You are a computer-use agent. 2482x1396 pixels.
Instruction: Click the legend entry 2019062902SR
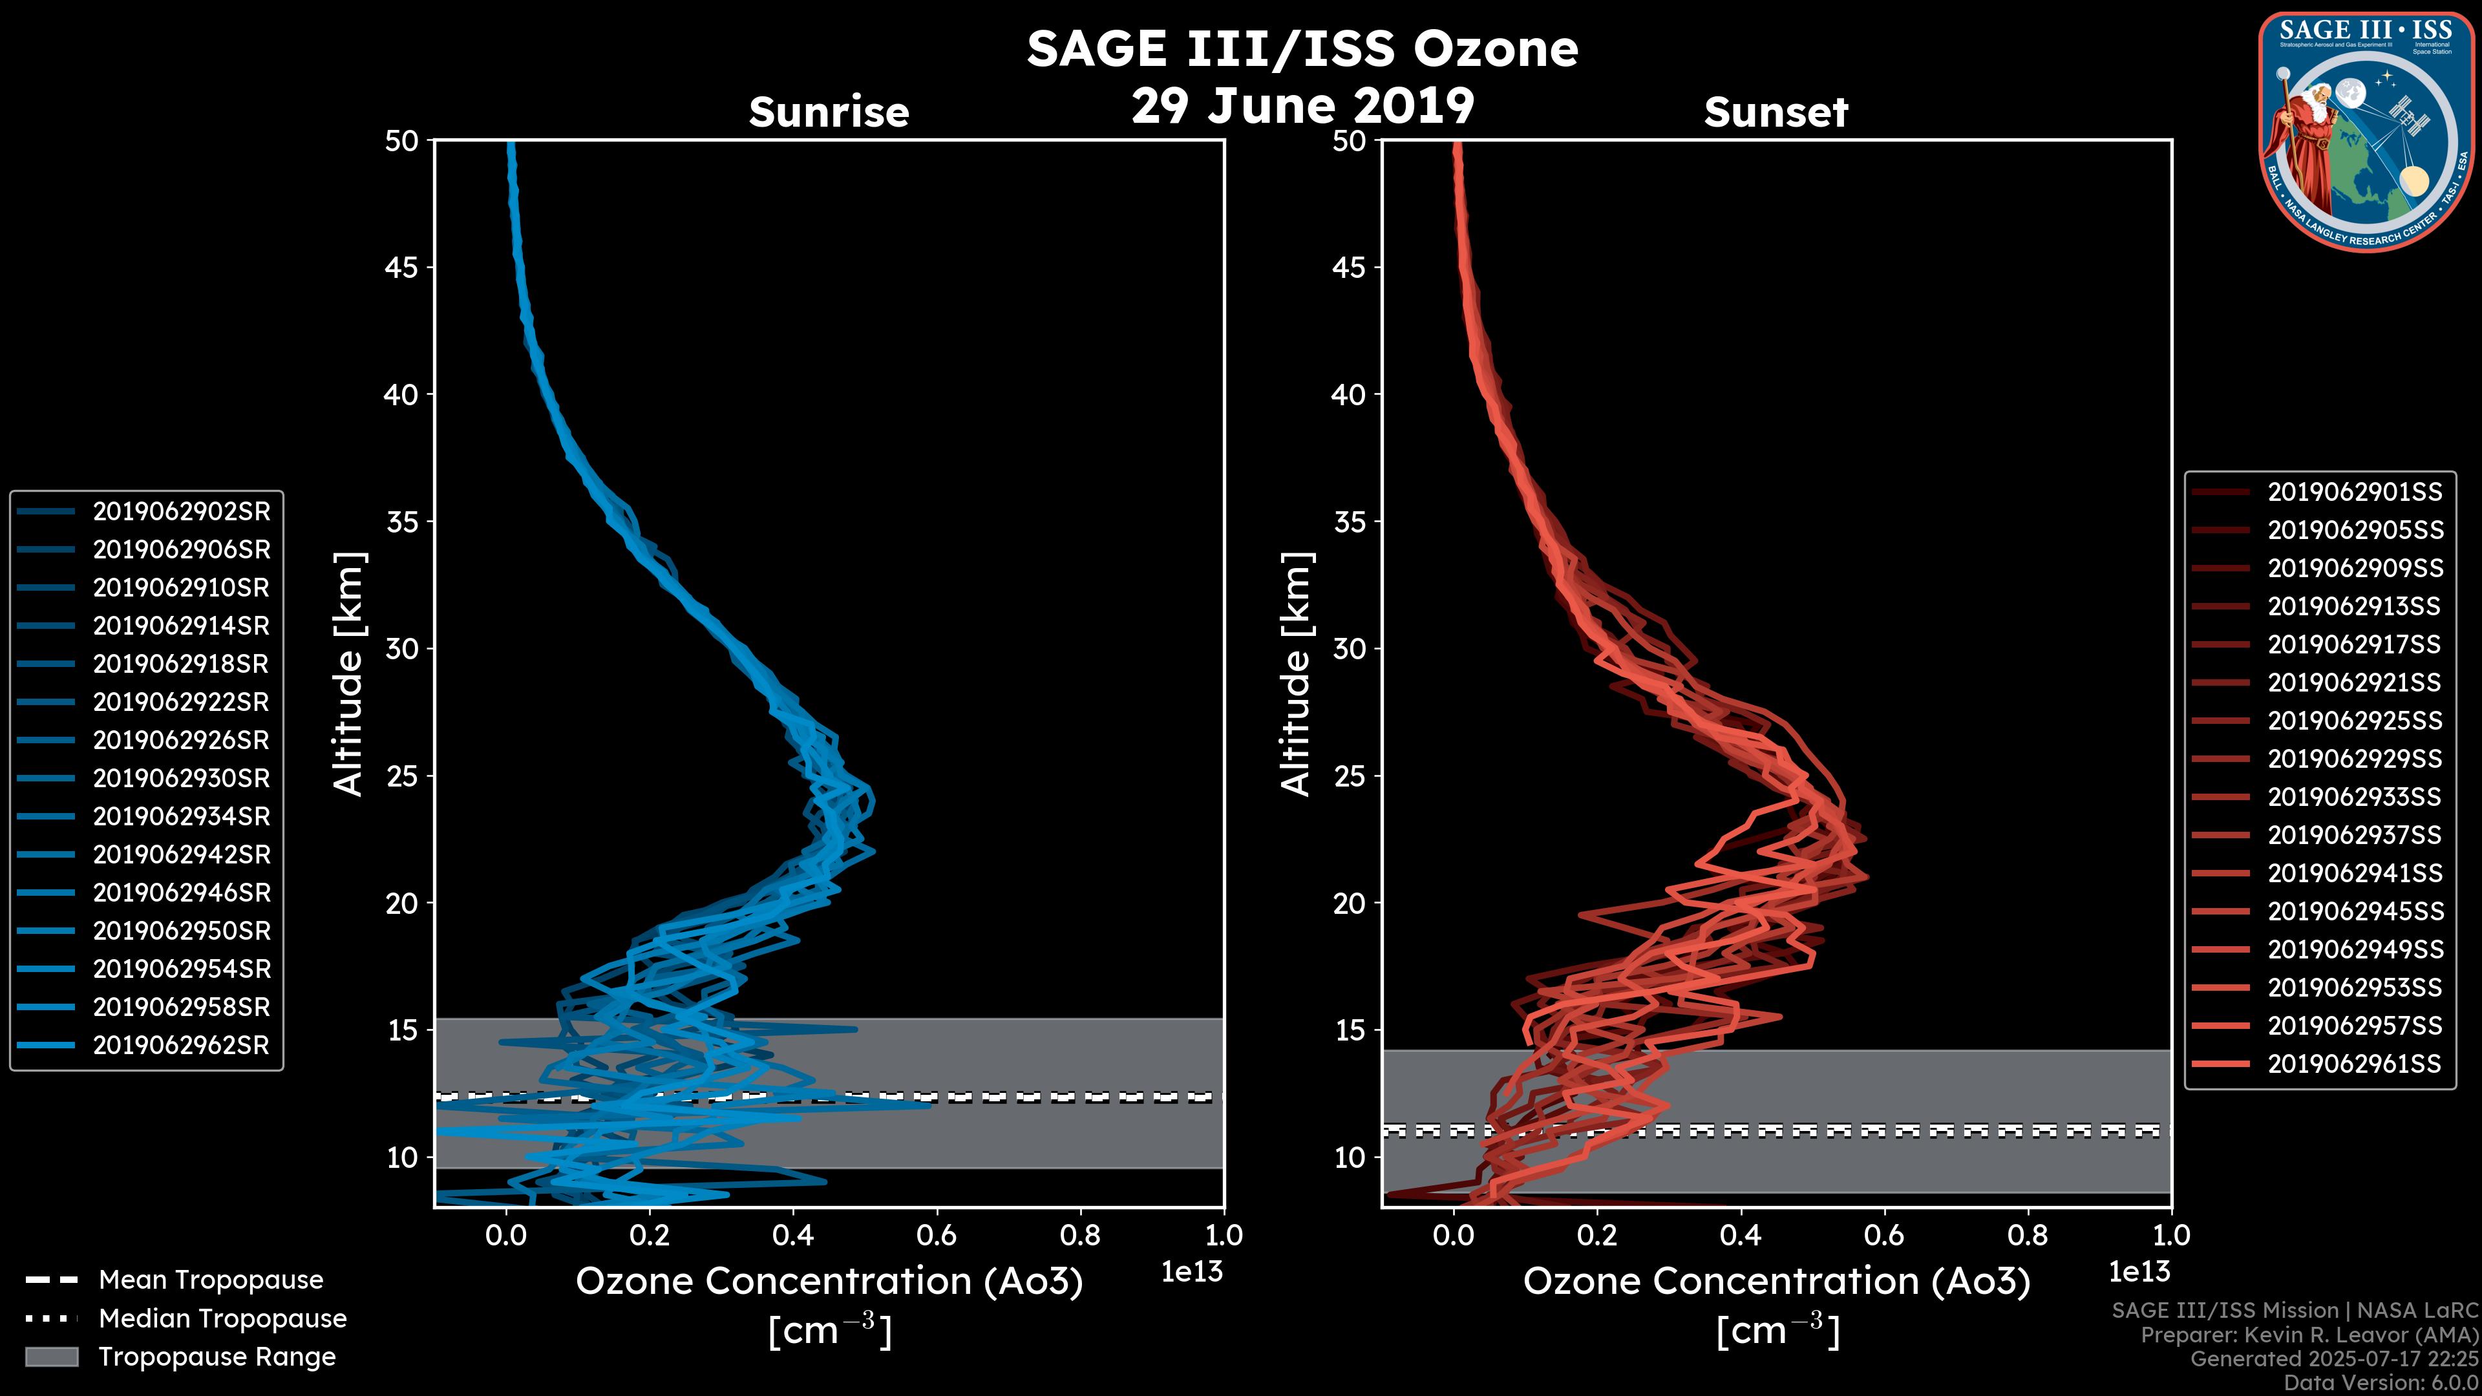[x=181, y=512]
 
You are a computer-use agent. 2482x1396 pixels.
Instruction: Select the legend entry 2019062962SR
[x=181, y=1045]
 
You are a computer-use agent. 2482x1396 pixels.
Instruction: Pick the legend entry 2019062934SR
[x=181, y=817]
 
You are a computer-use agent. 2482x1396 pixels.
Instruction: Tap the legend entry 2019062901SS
[x=2354, y=492]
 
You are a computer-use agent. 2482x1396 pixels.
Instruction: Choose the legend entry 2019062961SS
[x=2354, y=1064]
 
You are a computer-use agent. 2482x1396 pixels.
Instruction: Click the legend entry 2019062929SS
[x=2354, y=759]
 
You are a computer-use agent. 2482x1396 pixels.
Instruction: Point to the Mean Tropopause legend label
[x=211, y=1280]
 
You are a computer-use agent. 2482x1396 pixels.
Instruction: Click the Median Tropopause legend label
[x=222, y=1319]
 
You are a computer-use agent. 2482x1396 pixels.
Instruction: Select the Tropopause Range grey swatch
[x=51, y=1357]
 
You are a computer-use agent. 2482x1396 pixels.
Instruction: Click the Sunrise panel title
[x=829, y=112]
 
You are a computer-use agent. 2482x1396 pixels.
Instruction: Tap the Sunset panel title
[x=1776, y=112]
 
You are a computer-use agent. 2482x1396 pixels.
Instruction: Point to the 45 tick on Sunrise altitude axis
[x=402, y=268]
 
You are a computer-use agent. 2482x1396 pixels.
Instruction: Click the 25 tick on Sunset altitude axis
[x=1349, y=776]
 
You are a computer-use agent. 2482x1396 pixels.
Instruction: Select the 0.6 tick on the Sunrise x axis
[x=937, y=1235]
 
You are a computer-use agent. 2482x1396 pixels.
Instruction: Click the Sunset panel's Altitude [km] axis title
[x=1297, y=674]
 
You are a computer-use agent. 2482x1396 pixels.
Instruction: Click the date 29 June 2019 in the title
[x=1302, y=106]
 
